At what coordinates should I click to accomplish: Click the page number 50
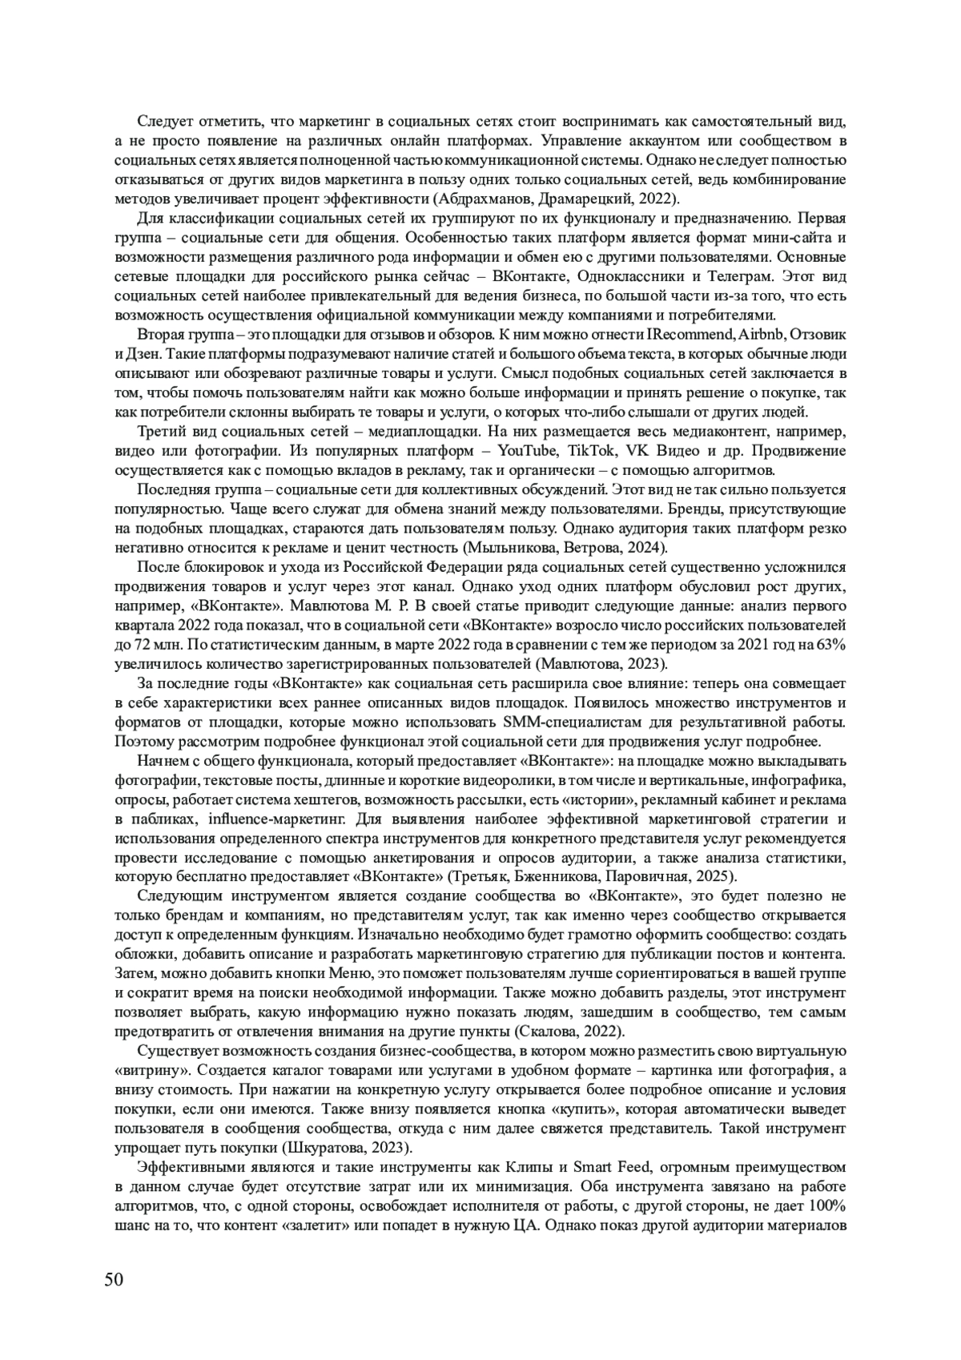click(x=114, y=1278)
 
